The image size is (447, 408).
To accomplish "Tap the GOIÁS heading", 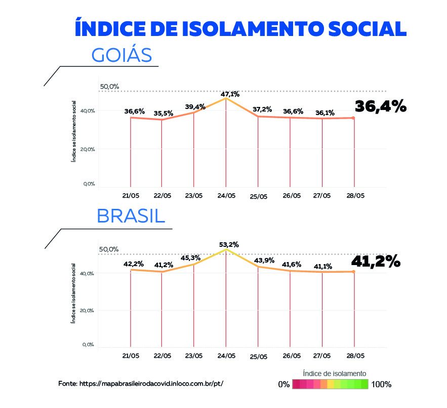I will coord(121,55).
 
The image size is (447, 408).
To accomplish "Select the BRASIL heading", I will coord(131,216).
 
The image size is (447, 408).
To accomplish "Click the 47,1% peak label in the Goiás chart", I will coord(230,94).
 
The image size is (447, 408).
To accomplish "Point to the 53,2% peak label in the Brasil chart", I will coord(229,244).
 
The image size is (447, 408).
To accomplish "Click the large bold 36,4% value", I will coord(381,106).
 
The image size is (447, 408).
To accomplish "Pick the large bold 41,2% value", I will coord(376,262).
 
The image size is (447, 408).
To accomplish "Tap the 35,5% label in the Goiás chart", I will coord(163,114).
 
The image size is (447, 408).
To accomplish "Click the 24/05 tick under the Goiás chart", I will coord(226,196).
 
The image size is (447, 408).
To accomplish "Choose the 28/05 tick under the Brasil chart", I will coord(354,356).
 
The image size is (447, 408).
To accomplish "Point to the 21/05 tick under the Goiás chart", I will coord(131,196).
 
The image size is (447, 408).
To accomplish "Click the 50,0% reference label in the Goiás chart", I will coord(109,87).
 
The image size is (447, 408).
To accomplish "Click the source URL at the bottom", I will coord(140,384).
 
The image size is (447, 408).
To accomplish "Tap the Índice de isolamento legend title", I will coord(331,373).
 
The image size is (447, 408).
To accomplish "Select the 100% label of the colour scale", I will coord(381,384).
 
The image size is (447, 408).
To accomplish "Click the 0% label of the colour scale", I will coord(284,384).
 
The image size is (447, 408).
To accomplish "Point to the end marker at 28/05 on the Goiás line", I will coord(353,118).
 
